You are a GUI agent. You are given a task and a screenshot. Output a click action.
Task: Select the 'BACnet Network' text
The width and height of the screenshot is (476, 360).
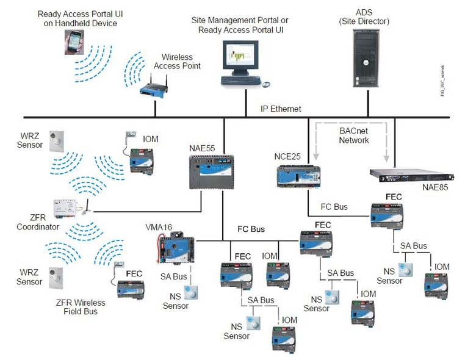pos(354,135)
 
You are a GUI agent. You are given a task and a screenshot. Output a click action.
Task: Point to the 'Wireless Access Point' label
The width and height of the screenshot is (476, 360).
pos(177,61)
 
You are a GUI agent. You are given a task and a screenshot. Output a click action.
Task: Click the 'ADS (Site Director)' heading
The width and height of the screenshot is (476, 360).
pos(364,17)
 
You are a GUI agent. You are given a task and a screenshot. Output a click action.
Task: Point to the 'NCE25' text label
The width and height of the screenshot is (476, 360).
pos(288,156)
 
